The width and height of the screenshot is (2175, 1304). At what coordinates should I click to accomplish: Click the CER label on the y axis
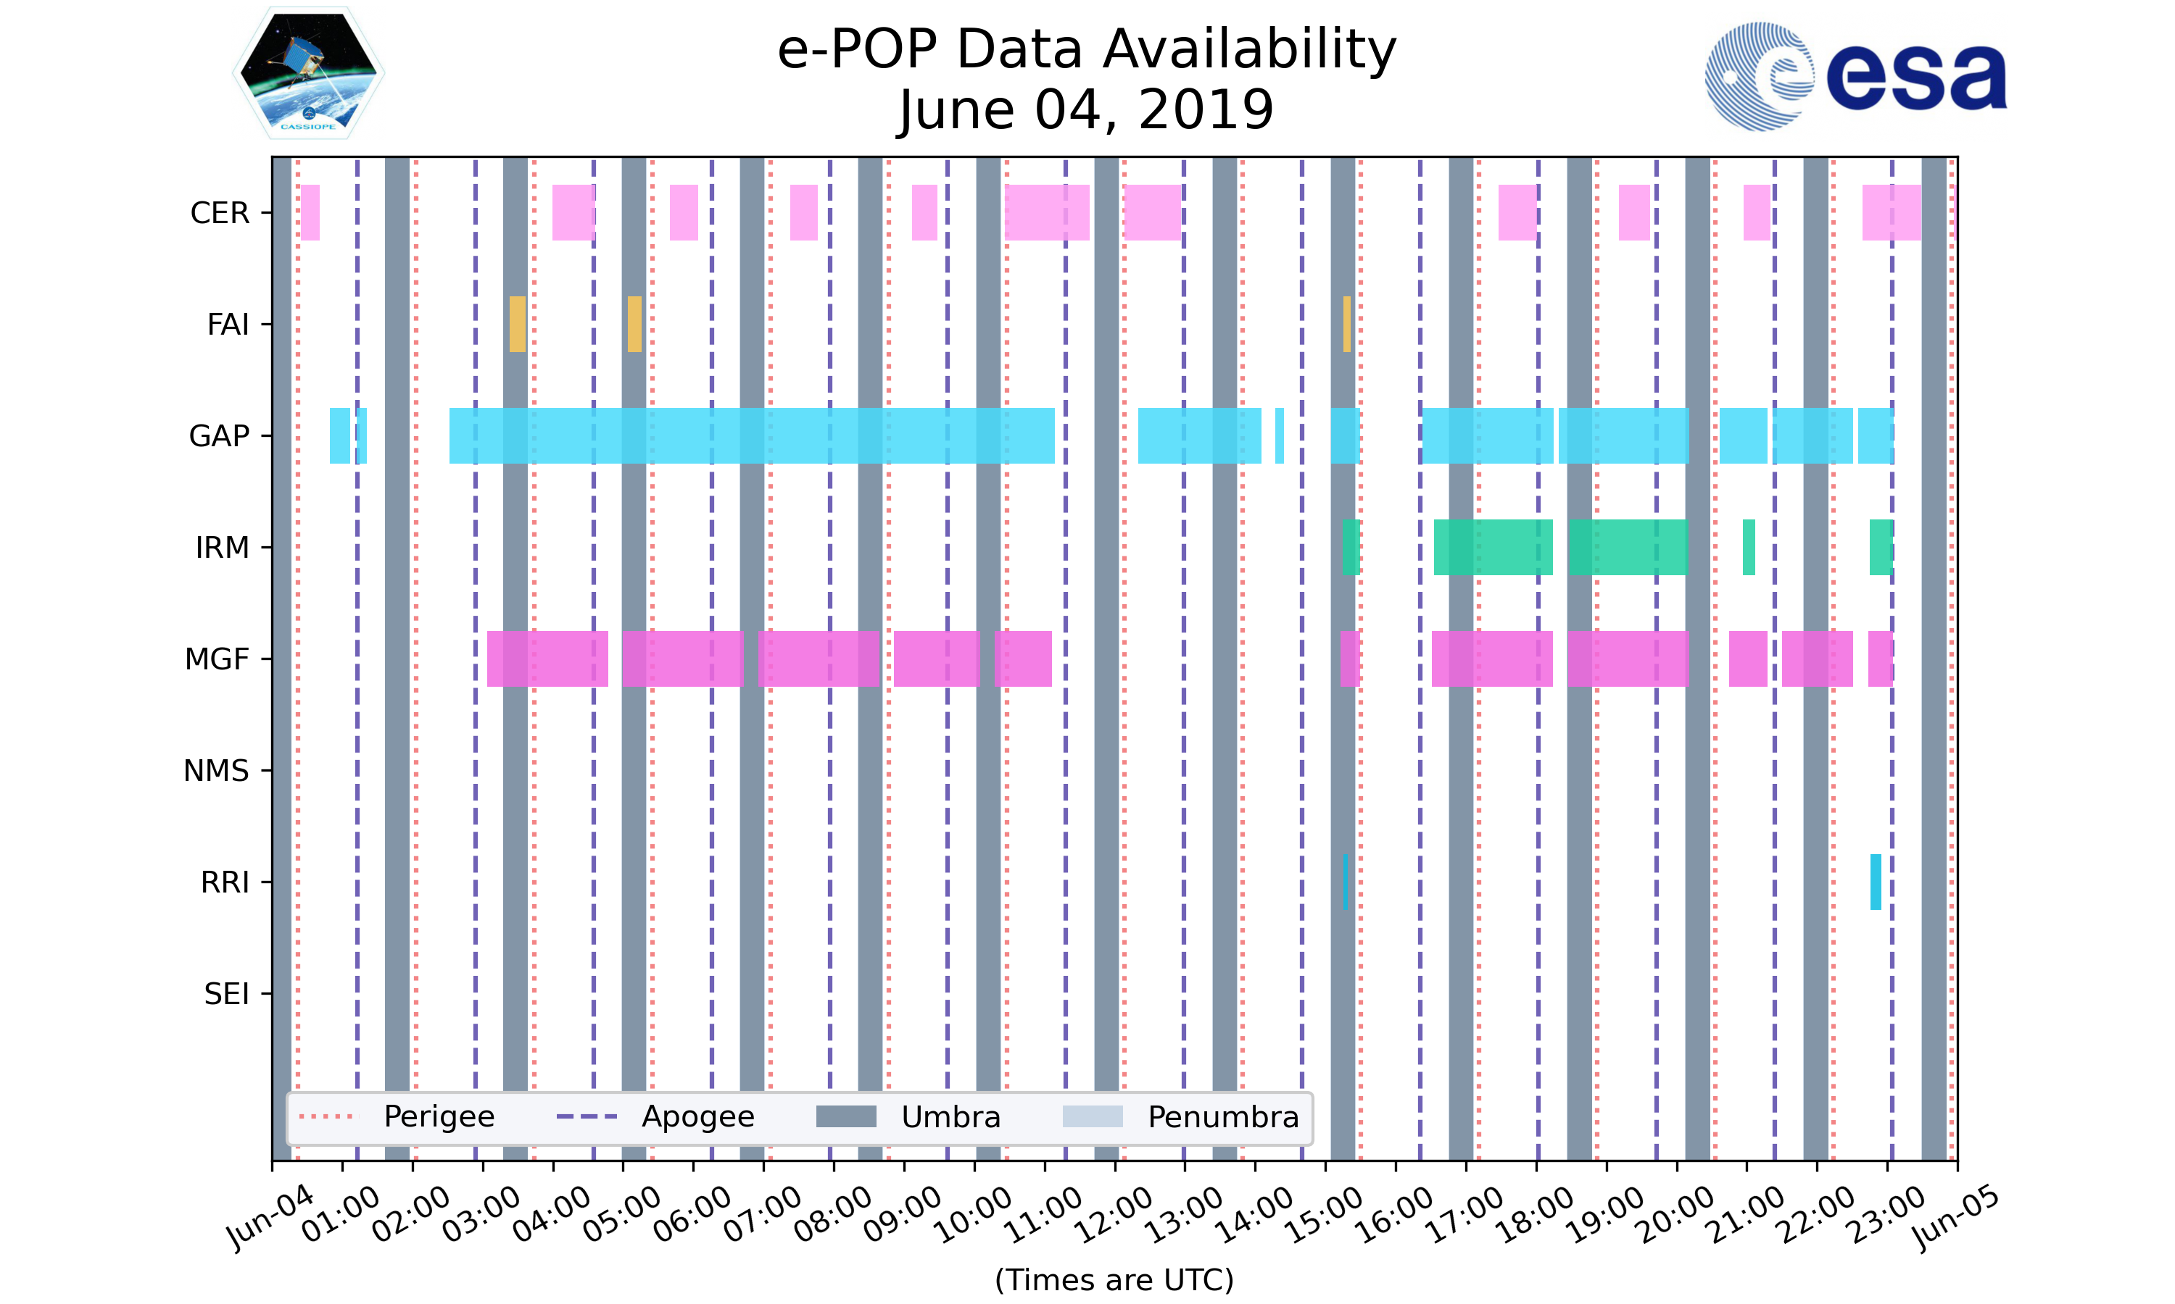pos(220,214)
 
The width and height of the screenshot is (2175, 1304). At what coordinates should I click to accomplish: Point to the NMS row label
pos(216,771)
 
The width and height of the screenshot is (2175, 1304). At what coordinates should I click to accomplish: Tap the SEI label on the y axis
pos(227,994)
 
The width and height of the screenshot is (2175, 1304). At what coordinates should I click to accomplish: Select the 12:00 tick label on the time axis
pos(1115,1215)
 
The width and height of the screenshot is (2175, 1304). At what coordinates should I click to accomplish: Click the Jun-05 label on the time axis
pos(1955,1218)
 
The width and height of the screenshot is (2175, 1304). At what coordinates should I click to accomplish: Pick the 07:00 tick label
pos(763,1215)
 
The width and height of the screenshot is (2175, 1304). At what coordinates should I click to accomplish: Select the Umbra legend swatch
pos(846,1117)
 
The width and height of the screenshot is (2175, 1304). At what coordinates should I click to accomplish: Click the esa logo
pos(1855,77)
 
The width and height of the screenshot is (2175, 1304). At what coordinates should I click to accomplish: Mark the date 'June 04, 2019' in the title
pos(1087,110)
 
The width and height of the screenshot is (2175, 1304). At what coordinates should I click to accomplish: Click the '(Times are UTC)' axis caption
pos(1114,1279)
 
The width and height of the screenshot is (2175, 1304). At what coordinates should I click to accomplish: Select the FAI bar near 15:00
pos(1346,325)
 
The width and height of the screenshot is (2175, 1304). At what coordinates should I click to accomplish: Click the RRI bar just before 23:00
pos(1875,882)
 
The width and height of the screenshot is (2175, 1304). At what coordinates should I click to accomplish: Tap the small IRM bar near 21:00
pos(1749,548)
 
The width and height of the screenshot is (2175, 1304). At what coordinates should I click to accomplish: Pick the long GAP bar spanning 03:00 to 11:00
pos(752,436)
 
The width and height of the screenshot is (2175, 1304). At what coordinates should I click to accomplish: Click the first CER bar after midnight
pos(310,213)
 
